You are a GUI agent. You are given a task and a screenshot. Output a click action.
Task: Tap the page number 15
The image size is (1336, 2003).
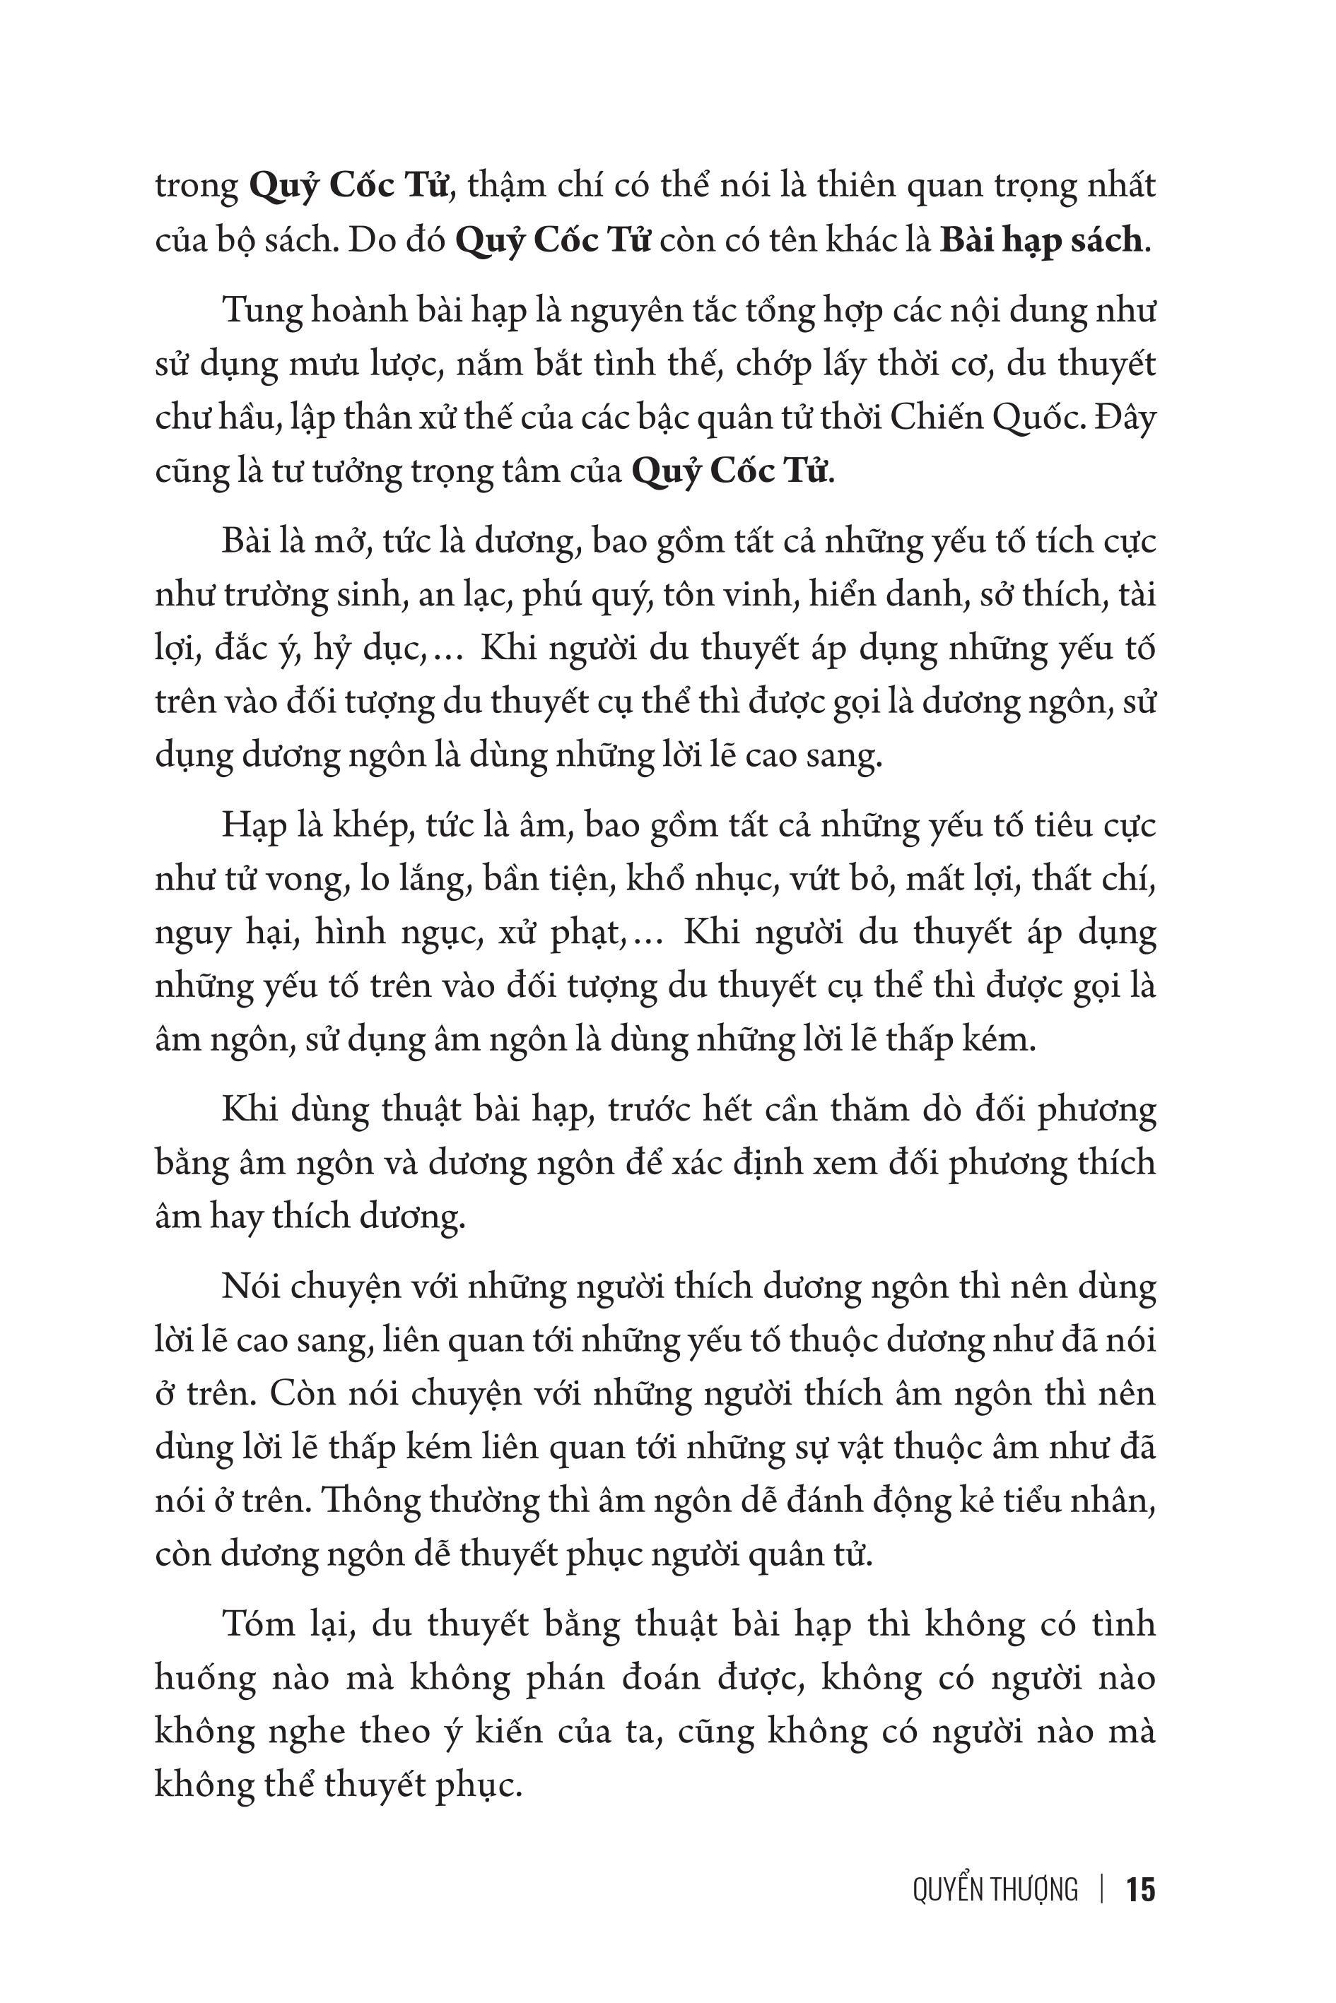coord(1141,1890)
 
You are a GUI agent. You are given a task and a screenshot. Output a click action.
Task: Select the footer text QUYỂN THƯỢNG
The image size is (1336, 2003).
coord(995,1890)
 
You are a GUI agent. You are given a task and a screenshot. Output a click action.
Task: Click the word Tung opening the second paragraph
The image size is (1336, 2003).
coord(259,312)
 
